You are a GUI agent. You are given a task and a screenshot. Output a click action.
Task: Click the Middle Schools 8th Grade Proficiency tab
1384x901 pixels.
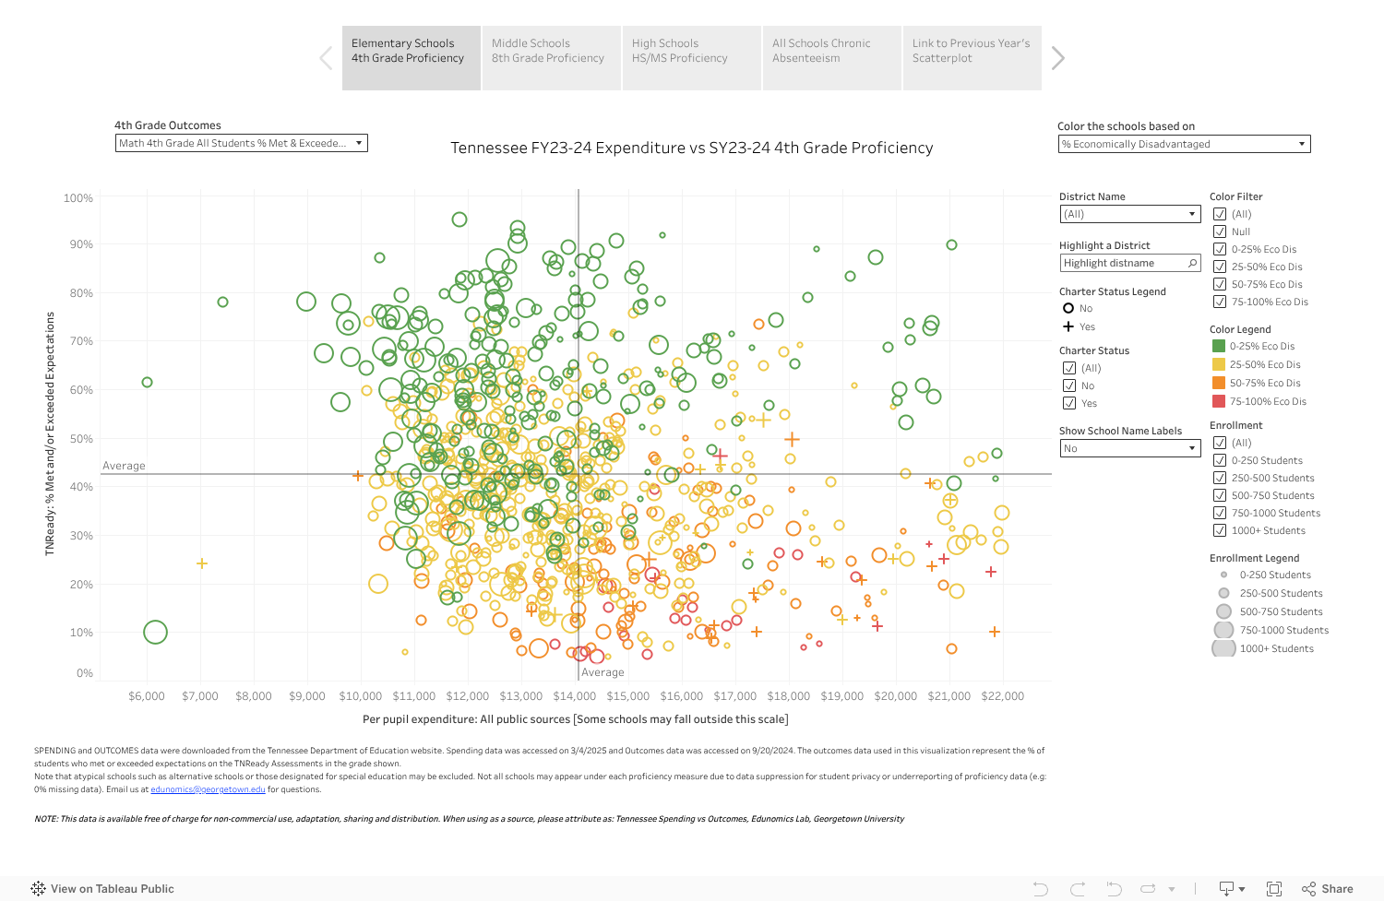click(x=551, y=57)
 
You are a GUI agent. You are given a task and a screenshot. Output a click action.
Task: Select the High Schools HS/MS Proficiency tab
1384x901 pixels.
click(x=691, y=57)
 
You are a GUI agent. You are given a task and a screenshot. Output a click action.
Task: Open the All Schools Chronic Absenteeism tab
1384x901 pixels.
click(x=831, y=57)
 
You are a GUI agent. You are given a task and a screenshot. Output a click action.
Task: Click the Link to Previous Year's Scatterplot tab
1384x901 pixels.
click(x=972, y=57)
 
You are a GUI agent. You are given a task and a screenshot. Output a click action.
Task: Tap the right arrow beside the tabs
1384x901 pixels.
click(x=1057, y=58)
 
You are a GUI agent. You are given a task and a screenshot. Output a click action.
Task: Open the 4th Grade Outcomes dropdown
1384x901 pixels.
click(x=241, y=143)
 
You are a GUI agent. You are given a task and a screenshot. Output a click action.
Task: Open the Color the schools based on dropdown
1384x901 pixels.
click(x=1184, y=144)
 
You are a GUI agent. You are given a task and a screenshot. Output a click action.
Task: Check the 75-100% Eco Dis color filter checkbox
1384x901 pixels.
click(x=1220, y=302)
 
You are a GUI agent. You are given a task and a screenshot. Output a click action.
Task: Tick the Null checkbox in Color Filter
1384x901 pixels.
click(x=1220, y=231)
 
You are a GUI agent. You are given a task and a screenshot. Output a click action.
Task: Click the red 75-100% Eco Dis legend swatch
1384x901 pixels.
click(x=1219, y=401)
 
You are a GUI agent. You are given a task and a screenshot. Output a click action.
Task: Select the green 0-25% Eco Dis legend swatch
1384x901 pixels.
click(x=1219, y=346)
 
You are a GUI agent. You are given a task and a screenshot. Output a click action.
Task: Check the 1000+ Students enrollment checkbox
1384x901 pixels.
click(x=1220, y=530)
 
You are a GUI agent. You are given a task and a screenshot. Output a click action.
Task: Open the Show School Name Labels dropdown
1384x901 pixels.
click(x=1129, y=448)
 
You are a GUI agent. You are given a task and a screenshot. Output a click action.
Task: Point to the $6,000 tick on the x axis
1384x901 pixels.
click(x=147, y=696)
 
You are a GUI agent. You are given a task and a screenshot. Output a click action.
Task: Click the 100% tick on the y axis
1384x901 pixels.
click(x=78, y=198)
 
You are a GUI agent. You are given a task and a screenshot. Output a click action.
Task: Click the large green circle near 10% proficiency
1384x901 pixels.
click(x=155, y=633)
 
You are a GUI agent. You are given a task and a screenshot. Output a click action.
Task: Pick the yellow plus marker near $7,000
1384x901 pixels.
click(x=201, y=563)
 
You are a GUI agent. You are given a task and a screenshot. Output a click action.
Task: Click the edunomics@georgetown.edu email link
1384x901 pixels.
click(x=208, y=789)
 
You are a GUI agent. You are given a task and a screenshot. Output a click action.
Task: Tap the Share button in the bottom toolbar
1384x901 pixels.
click(x=1328, y=889)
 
